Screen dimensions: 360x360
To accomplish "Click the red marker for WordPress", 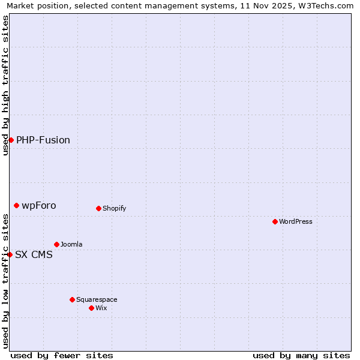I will pos(275,221).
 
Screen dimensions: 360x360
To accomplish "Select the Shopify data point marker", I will pos(98,208).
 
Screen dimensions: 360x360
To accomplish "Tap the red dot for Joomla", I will pos(56,244).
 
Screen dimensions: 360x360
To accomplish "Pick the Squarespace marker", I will pos(72,299).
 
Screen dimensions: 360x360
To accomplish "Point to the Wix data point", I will pos(91,308).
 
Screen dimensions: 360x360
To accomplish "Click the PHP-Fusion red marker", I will pos(11,140).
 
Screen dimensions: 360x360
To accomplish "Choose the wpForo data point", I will pos(16,205).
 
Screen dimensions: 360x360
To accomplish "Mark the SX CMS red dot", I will pos(10,254).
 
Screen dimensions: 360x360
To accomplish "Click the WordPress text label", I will pos(296,221).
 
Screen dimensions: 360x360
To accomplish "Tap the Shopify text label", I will pos(114,208).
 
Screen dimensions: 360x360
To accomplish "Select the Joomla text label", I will pos(71,244).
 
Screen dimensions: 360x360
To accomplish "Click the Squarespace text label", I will pos(97,299).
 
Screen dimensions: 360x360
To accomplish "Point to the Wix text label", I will pos(101,308).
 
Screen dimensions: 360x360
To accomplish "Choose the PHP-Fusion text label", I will pos(43,140).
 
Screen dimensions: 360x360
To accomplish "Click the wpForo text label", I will pos(39,205).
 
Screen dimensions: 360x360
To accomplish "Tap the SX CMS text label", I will pos(34,254).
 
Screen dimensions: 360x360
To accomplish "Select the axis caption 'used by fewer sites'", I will pos(62,355).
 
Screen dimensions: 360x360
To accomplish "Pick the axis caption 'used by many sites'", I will pos(301,355).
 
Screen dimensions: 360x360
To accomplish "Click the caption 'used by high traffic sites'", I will pos(6,85).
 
